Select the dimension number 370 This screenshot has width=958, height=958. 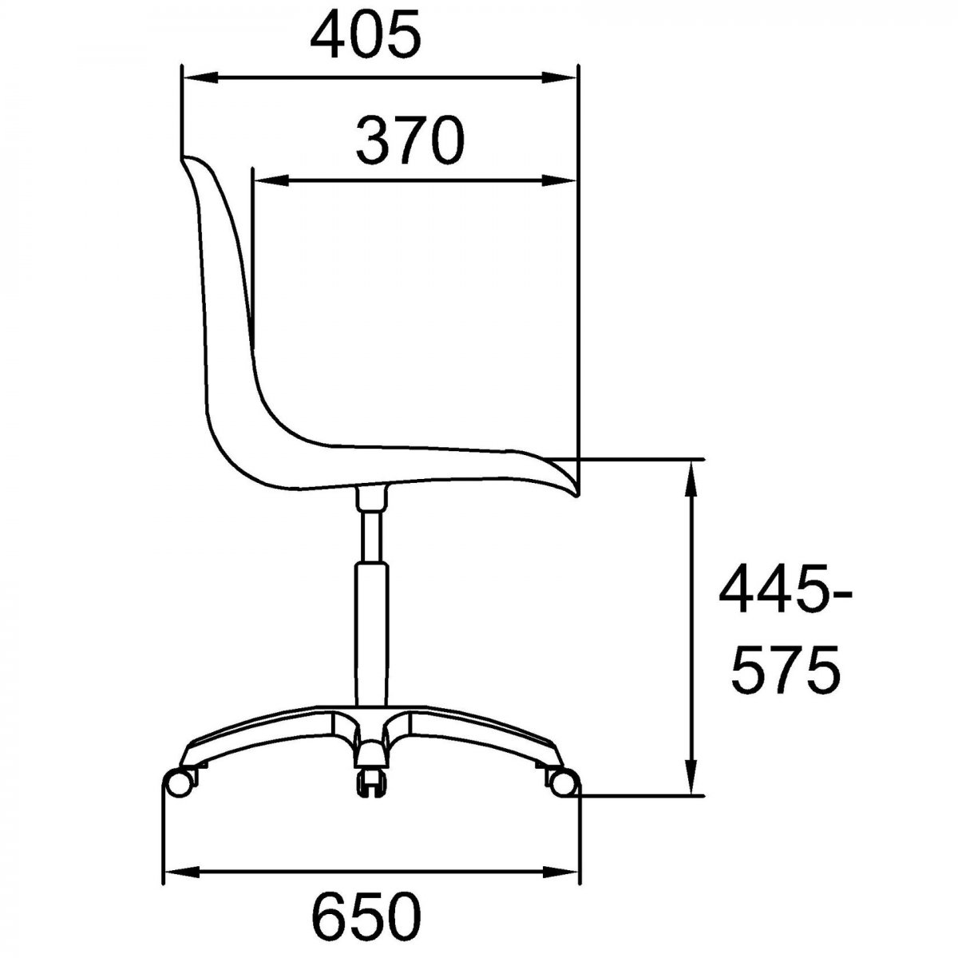[x=410, y=141]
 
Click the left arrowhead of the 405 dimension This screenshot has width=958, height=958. [x=201, y=78]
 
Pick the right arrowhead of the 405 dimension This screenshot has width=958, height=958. [x=560, y=78]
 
